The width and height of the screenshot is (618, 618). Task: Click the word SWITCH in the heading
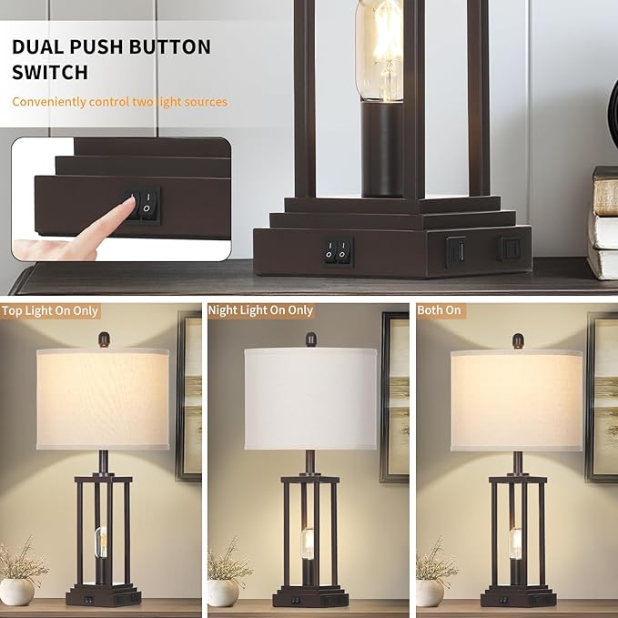click(50, 73)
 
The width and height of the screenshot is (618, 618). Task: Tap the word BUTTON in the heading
click(169, 47)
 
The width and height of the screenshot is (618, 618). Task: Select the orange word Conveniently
click(49, 102)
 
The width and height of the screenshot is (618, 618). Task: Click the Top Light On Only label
click(50, 311)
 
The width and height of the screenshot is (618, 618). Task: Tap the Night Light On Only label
click(260, 310)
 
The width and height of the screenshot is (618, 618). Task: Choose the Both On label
click(439, 310)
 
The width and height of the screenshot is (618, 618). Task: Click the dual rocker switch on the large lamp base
click(338, 250)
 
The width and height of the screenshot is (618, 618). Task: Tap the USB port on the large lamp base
click(456, 250)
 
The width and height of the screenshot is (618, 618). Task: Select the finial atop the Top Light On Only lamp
click(104, 339)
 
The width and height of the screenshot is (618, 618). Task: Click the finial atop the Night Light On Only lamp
click(311, 339)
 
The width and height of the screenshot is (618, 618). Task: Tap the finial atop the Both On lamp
click(518, 341)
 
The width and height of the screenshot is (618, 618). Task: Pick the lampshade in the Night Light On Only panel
click(310, 399)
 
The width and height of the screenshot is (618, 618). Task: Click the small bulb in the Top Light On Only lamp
click(101, 542)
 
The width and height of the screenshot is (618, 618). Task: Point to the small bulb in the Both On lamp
click(515, 544)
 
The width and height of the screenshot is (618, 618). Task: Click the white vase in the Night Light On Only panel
click(223, 593)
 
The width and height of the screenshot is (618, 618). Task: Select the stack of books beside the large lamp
click(603, 223)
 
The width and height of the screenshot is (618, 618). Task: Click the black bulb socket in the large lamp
click(382, 150)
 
